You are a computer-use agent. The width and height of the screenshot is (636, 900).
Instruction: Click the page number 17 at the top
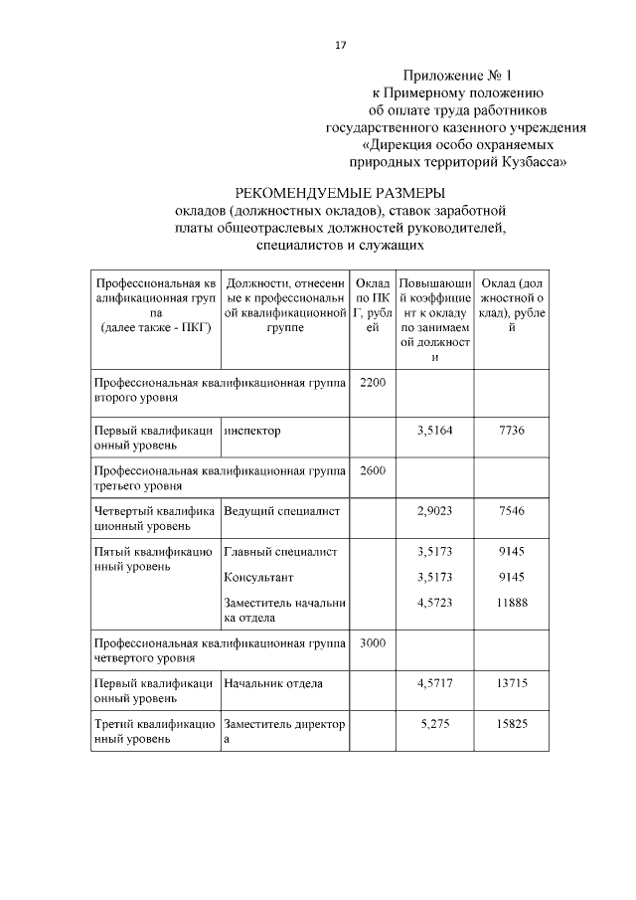[x=340, y=46]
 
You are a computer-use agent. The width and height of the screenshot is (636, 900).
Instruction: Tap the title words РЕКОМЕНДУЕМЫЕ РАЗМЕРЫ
[x=339, y=192]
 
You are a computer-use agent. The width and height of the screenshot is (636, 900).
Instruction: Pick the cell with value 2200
[x=372, y=382]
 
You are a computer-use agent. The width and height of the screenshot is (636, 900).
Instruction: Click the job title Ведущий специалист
[x=282, y=510]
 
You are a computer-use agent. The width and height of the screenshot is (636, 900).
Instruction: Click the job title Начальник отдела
[x=273, y=683]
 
